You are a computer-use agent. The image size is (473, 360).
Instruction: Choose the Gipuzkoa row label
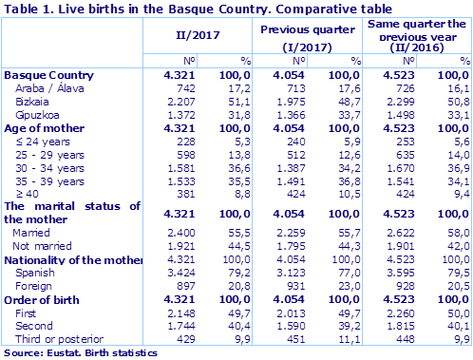[x=40, y=114]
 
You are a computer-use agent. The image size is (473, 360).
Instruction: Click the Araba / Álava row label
[x=47, y=87]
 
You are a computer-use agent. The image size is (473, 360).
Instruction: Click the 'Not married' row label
[x=43, y=245]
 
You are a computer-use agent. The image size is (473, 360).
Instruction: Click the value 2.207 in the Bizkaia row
[x=180, y=101]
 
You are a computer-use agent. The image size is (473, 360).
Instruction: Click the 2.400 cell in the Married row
[x=180, y=232]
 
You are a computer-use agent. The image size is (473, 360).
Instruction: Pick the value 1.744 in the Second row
[x=180, y=326]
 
